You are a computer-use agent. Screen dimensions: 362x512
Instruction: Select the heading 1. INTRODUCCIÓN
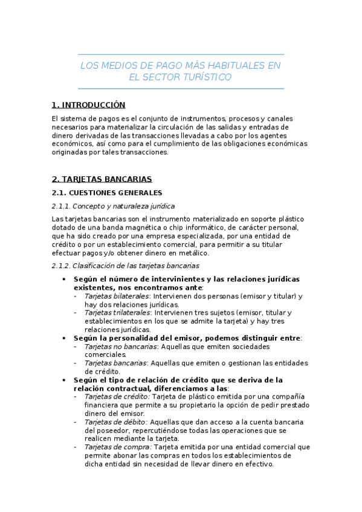[x=88, y=105]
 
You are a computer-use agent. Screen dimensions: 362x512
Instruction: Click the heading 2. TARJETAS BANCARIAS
[x=102, y=179]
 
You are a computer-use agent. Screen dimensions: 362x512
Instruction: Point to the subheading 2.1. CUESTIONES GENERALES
[x=107, y=193]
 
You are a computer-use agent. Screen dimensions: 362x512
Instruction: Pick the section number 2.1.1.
[x=62, y=206]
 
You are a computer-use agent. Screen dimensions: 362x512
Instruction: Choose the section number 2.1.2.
[x=62, y=266]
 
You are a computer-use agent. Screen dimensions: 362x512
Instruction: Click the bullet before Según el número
[x=64, y=280]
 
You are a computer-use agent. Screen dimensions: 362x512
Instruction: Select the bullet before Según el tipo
[x=64, y=380]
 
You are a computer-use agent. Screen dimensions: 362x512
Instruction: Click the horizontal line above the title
[x=181, y=54]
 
